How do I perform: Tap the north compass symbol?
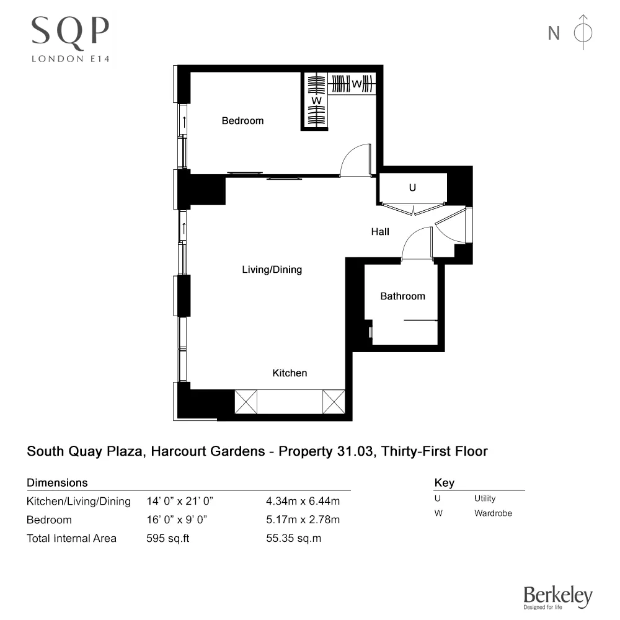(x=583, y=32)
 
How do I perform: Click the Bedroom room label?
(x=242, y=121)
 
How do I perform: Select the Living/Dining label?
(x=272, y=270)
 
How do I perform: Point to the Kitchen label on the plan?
(x=290, y=373)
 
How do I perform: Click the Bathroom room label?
(x=402, y=296)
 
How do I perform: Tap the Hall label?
(x=380, y=232)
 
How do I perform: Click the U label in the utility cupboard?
(x=412, y=188)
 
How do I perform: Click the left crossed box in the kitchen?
(x=246, y=402)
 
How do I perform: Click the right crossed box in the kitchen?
(x=333, y=402)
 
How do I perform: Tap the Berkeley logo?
(x=558, y=596)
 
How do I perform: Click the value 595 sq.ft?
(x=168, y=538)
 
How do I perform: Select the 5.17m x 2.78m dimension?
(x=302, y=520)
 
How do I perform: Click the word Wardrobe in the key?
(x=493, y=513)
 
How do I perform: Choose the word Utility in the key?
(x=485, y=498)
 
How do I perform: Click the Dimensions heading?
(x=57, y=482)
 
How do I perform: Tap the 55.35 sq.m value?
(x=293, y=538)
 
